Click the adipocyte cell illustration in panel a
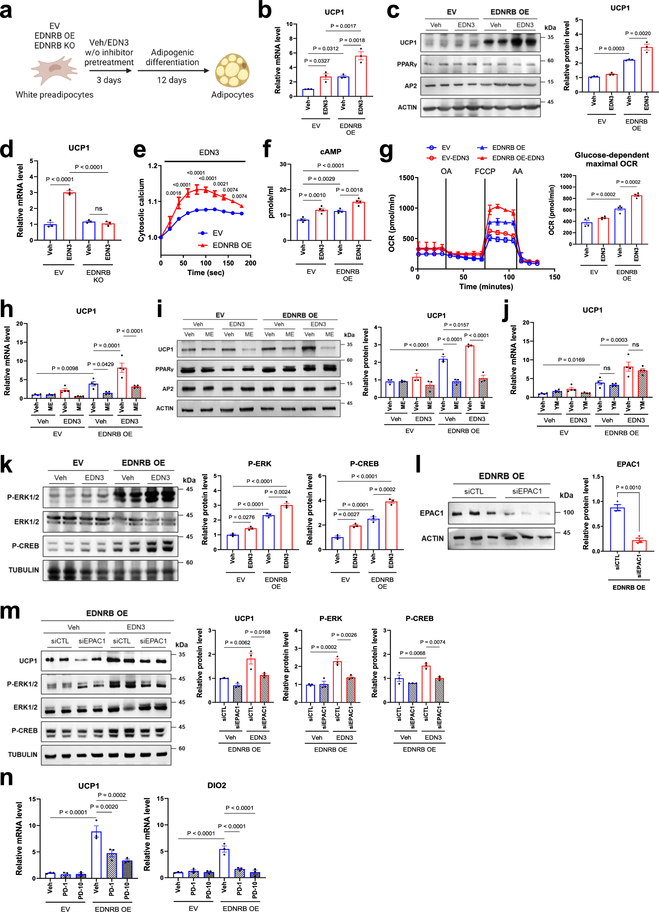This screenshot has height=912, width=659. pos(232,70)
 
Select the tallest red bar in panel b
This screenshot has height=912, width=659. pos(361,76)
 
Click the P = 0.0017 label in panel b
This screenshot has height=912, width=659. pos(343,26)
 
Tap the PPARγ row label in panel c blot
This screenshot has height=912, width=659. pos(407,64)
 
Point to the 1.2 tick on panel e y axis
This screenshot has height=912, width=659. pos(152,166)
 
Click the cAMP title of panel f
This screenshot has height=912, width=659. pos(331,152)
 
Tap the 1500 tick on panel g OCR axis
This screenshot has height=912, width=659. pos(406,178)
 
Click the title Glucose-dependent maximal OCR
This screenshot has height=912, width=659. pos(611,159)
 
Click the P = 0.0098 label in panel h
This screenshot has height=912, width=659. pos(65,368)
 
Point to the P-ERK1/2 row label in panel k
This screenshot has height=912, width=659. pos(23,497)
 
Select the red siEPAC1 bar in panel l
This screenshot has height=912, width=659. pos(639,545)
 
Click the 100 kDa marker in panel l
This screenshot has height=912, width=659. pos(568,512)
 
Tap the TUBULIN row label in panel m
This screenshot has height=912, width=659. pos(22,754)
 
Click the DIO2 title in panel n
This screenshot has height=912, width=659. pos(216,785)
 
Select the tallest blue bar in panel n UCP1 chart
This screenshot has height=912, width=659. pos(96,854)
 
